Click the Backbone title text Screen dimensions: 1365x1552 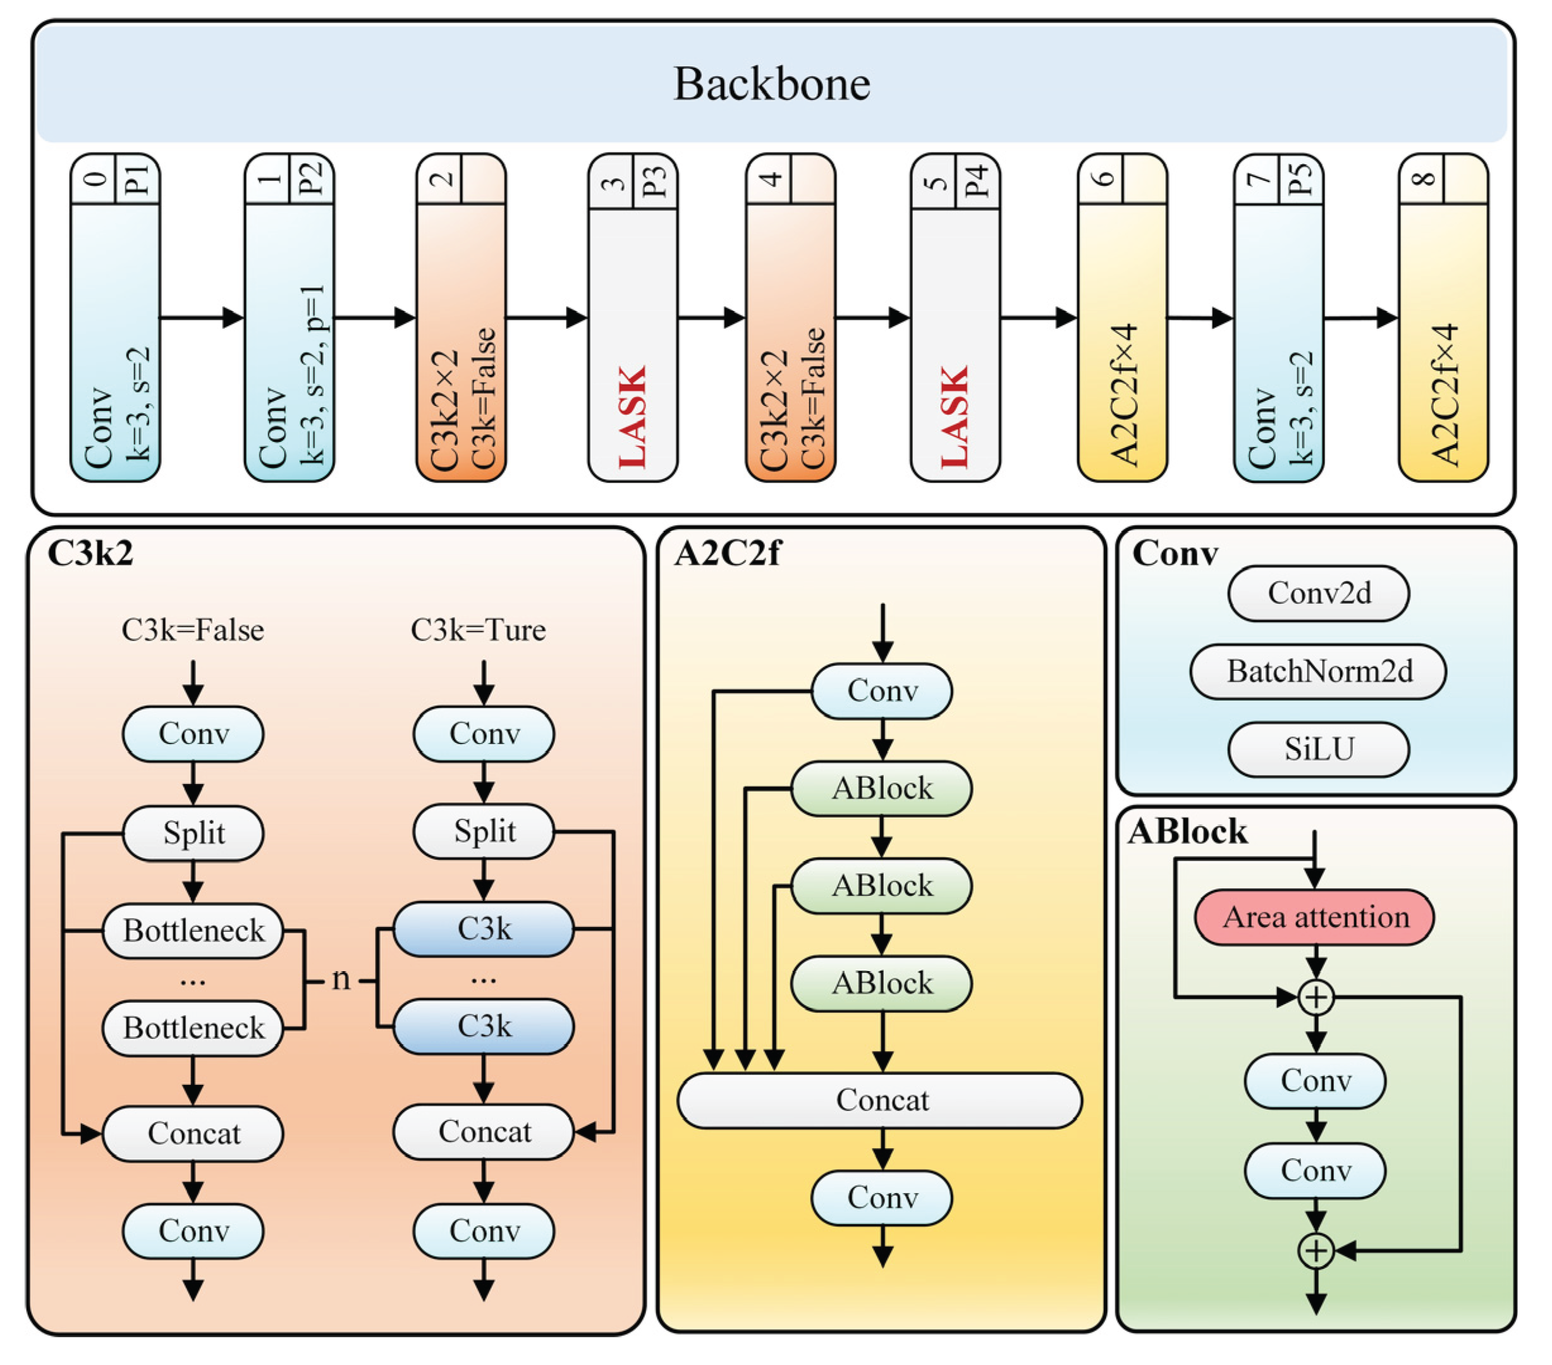pos(771,83)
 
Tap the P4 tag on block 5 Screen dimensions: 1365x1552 pos(977,179)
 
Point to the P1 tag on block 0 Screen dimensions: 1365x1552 pos(137,179)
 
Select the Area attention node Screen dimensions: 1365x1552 pos(1315,917)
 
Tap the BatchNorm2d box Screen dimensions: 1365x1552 pos(1319,671)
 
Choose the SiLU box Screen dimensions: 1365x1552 pos(1319,749)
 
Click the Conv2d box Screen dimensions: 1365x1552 pos(1319,593)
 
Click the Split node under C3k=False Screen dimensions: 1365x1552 pos(193,833)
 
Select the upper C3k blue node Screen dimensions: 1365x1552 pos(484,929)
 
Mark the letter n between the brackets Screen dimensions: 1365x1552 pos(341,979)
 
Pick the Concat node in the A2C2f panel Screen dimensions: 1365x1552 pos(881,1099)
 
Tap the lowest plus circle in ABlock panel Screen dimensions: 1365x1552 pos(1316,1251)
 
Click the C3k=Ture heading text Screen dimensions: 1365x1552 pos(479,630)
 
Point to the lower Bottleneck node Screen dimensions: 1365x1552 pos(193,1028)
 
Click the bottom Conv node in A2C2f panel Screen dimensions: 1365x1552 pos(881,1197)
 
